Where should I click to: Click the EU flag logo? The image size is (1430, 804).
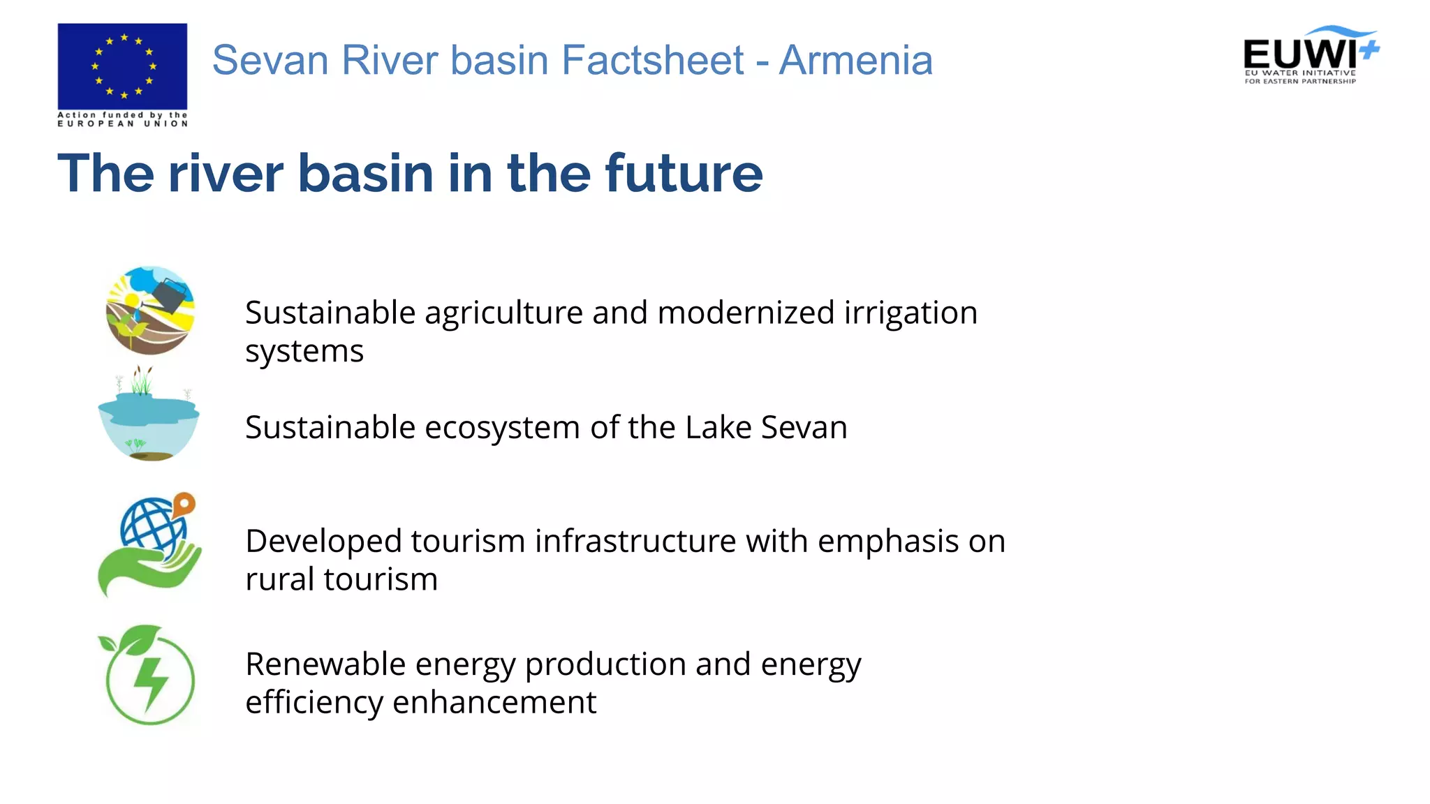click(122, 66)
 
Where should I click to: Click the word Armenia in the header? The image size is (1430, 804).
click(855, 60)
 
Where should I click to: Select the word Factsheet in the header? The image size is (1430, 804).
click(652, 60)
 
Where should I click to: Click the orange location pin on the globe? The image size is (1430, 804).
click(184, 502)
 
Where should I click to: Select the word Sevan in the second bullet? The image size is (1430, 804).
click(804, 427)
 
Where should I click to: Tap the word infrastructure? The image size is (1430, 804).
click(635, 541)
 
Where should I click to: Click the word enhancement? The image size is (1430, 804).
click(494, 702)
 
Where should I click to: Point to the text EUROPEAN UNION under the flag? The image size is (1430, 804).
click(122, 124)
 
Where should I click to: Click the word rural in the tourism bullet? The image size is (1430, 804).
click(279, 579)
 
